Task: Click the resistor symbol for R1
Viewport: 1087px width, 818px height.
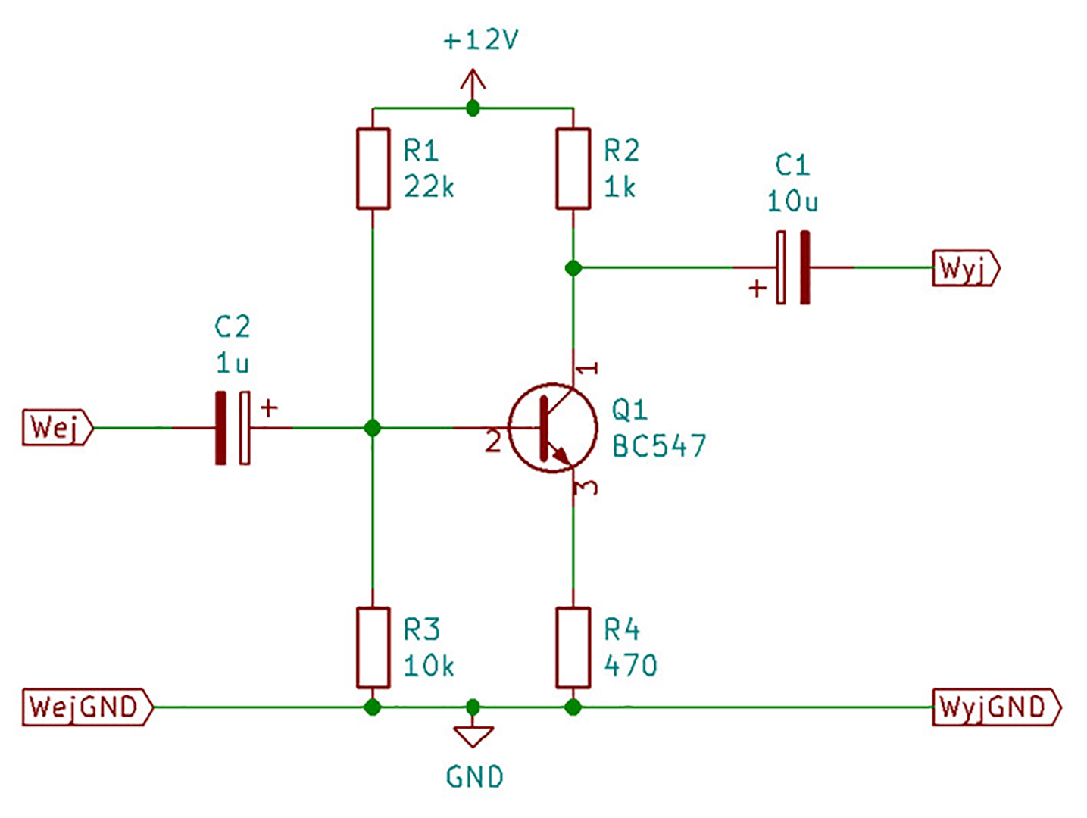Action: point(373,168)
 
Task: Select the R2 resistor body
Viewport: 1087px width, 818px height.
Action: point(573,168)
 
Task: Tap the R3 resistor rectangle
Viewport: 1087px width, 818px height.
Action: point(373,648)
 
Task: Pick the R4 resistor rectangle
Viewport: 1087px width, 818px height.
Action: point(573,648)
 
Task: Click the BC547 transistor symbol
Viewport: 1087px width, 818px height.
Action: point(552,427)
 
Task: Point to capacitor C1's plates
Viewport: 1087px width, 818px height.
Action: point(793,267)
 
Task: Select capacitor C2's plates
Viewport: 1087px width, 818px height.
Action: point(233,428)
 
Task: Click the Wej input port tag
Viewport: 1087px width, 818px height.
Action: point(58,427)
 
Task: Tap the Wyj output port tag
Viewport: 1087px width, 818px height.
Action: point(966,268)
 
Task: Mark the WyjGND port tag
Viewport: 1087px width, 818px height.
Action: point(996,707)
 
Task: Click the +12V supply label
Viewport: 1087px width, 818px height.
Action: point(480,39)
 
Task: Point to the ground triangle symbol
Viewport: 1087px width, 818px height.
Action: point(473,735)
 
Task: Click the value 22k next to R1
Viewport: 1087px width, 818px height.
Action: point(429,187)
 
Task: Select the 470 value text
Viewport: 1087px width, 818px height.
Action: point(630,664)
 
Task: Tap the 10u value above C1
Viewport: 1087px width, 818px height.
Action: point(792,201)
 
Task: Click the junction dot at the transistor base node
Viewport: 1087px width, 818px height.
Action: point(373,428)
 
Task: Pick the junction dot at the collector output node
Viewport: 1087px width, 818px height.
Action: point(573,268)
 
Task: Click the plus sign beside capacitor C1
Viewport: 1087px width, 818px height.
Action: point(757,288)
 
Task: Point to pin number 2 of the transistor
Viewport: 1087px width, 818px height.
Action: point(492,441)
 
